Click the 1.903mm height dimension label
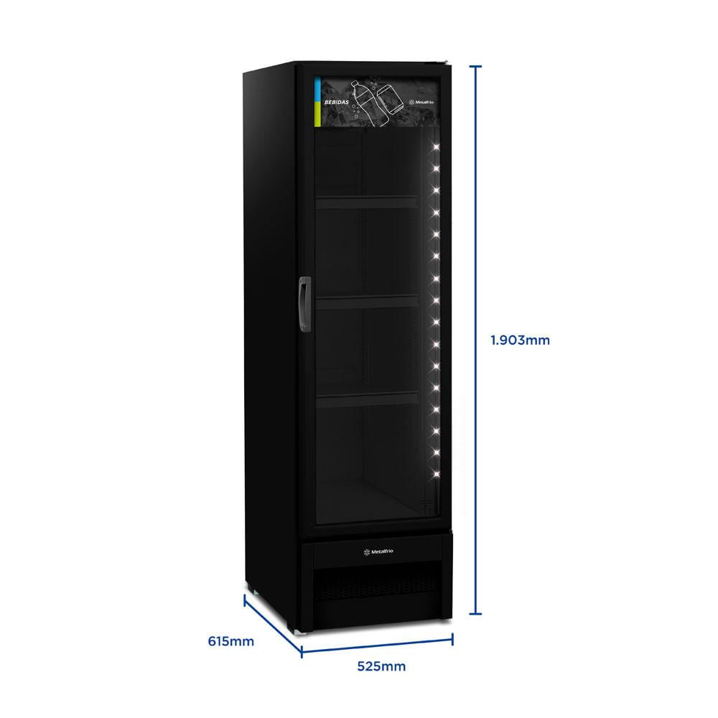(520, 340)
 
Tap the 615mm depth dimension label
(230, 641)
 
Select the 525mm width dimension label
(381, 666)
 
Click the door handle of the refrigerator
(304, 304)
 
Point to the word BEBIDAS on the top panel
(337, 102)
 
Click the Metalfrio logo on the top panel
(421, 102)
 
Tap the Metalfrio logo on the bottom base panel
(378, 551)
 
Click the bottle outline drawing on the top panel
(369, 104)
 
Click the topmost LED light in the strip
(436, 147)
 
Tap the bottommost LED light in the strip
(436, 473)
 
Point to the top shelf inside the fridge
(366, 203)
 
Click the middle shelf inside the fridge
(367, 302)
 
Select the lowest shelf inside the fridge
(367, 400)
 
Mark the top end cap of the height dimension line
(475, 67)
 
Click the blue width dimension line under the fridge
(377, 645)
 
